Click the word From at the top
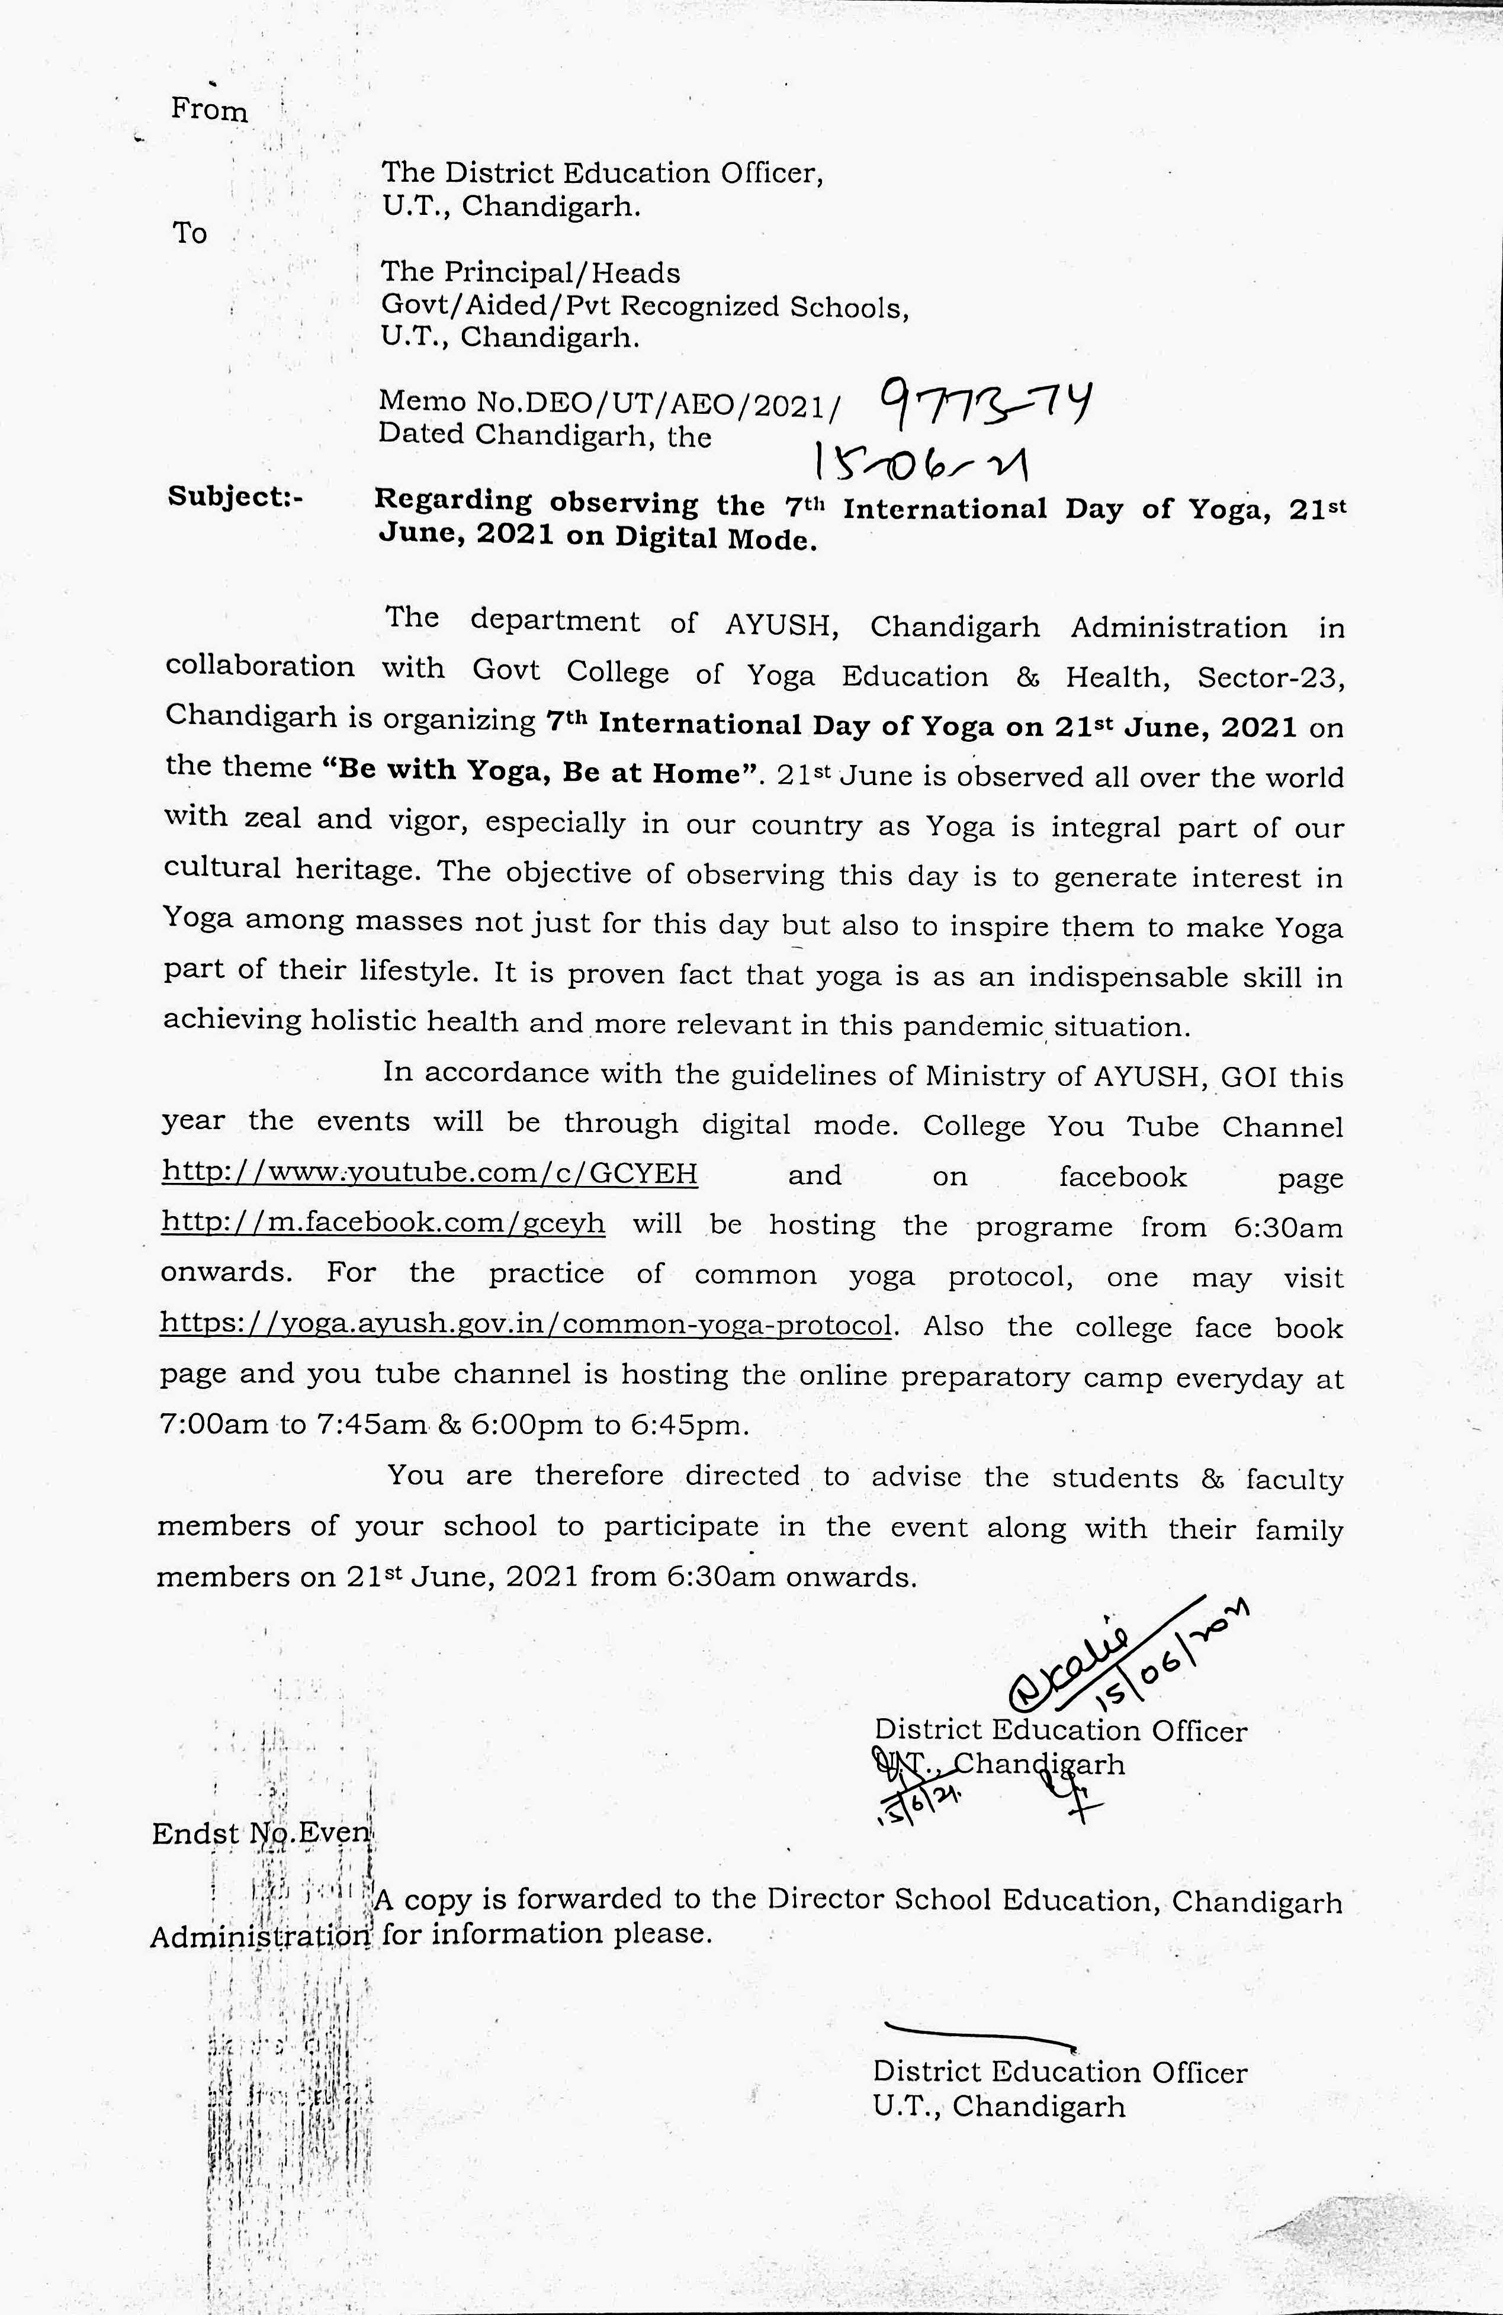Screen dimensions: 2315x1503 209,110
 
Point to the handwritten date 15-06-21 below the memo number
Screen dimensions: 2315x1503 922,462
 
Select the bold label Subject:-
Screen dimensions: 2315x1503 236,497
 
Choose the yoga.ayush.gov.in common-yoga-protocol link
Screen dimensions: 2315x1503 525,1325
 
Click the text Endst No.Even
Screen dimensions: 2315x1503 261,1832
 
